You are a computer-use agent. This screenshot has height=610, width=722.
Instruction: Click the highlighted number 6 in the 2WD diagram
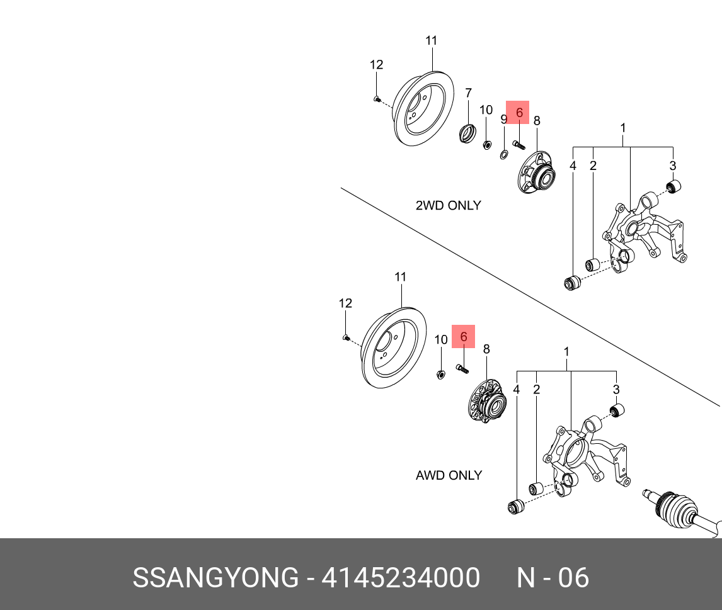click(x=519, y=112)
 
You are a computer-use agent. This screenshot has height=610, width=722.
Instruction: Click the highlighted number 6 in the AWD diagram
click(x=464, y=337)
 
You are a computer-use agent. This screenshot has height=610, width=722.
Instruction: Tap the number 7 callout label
click(x=468, y=93)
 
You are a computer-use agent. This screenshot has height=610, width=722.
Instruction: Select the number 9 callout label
click(x=503, y=119)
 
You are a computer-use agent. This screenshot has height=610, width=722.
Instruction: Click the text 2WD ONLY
click(x=448, y=205)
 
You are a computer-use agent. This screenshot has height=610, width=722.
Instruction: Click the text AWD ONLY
click(x=449, y=475)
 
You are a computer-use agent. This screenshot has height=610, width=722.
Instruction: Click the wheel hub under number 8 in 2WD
click(x=537, y=174)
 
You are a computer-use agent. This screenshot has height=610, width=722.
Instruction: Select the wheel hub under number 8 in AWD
click(x=488, y=403)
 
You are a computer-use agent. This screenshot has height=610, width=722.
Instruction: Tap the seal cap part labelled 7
click(x=467, y=133)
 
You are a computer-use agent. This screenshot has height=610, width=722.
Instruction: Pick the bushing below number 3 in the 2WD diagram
click(x=673, y=187)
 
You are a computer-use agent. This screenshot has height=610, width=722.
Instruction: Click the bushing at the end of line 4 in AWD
click(x=517, y=506)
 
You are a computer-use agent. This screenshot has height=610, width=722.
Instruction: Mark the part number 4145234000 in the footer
click(x=401, y=577)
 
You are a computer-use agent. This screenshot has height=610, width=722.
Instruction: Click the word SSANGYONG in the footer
click(x=215, y=577)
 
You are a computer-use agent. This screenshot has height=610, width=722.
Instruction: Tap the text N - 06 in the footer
click(x=553, y=577)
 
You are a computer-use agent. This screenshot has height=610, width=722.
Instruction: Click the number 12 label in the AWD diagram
click(x=345, y=303)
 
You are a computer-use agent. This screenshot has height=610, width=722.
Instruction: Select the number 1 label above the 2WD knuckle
click(x=623, y=128)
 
